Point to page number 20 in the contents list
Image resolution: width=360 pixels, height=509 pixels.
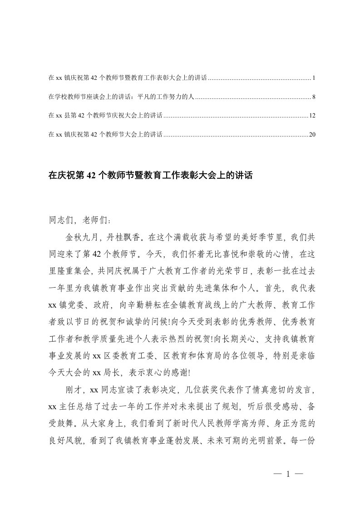(312, 134)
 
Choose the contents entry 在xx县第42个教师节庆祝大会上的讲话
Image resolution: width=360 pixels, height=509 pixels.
(105, 116)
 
